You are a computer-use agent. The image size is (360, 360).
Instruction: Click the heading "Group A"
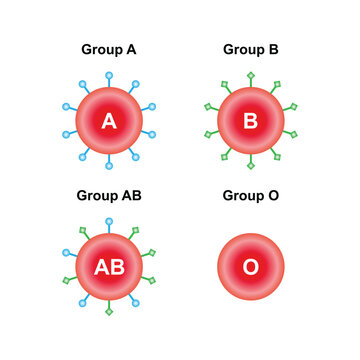[109, 48]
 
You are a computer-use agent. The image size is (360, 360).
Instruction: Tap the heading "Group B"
[250, 48]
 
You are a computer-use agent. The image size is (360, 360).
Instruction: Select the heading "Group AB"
[109, 194]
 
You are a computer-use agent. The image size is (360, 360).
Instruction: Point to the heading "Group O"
[250, 194]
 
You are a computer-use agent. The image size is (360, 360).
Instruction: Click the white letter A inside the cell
[109, 121]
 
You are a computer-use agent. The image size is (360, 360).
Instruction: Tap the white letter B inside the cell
[250, 121]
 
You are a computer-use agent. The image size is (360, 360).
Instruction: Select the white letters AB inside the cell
[109, 267]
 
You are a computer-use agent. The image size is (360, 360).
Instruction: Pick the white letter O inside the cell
[250, 267]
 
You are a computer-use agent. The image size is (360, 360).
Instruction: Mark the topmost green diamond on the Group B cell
[250, 75]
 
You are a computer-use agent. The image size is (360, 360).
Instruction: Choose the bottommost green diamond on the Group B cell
[250, 168]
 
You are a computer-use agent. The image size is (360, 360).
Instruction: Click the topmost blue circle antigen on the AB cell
[109, 220]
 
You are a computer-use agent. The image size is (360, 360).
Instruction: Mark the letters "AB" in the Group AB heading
[130, 194]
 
